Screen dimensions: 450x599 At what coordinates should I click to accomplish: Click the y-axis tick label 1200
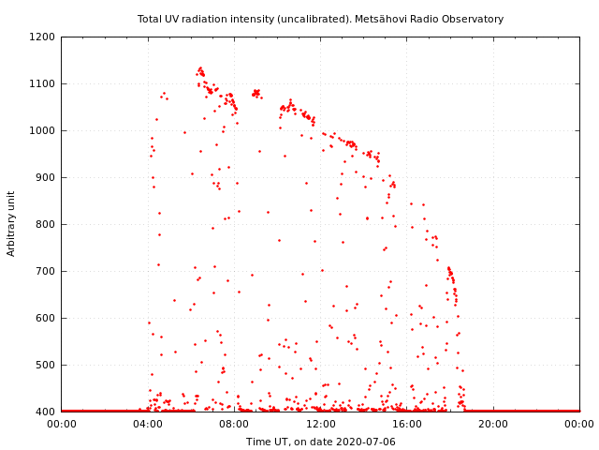43,37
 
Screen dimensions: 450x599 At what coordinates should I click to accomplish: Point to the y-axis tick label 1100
43,83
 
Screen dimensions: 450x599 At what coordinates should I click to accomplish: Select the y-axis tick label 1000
43,130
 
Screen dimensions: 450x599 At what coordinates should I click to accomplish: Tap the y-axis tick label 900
46,177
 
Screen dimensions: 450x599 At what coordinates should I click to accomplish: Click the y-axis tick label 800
46,224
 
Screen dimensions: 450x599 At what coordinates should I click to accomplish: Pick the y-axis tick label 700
46,271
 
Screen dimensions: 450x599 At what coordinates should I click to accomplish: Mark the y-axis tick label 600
46,318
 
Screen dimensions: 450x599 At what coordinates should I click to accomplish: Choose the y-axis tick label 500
46,365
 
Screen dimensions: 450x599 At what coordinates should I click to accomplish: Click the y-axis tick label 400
46,412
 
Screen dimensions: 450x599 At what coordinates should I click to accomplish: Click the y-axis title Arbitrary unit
11,223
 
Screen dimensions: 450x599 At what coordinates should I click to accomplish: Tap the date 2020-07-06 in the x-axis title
366,442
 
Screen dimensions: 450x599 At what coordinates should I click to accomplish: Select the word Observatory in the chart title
473,19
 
